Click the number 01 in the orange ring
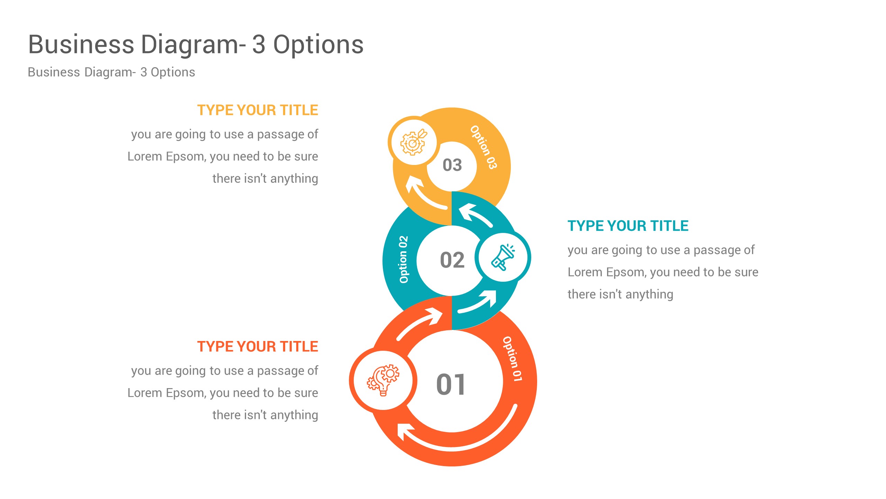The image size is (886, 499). pos(451,385)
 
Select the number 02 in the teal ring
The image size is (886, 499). pos(452,260)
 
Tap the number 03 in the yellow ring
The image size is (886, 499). pos(452,165)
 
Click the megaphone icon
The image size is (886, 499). pos(503,257)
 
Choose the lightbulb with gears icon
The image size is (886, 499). pos(383,380)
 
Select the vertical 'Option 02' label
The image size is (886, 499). pos(404,260)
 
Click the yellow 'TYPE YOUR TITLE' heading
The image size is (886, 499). pos(257,110)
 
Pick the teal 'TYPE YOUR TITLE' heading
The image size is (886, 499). pos(628,226)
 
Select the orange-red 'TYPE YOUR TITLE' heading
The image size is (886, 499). pos(257,347)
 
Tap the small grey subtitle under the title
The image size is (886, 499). pos(111,72)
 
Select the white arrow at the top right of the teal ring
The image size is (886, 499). pos(474,215)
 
